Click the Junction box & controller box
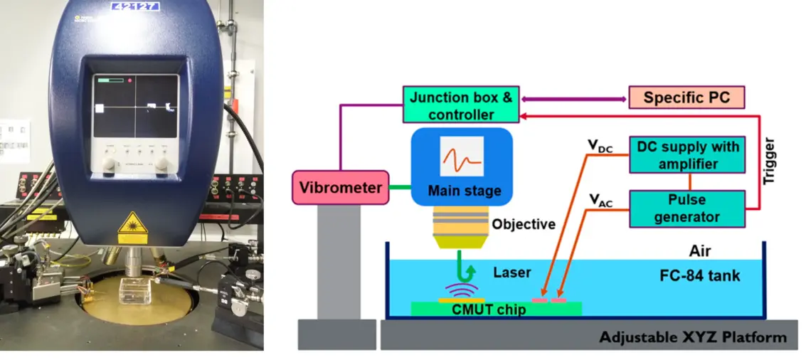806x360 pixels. point(461,105)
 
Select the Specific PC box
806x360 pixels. point(686,97)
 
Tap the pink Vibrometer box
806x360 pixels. point(339,188)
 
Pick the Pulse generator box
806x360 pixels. point(686,208)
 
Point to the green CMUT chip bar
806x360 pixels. point(497,309)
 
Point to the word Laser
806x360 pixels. point(511,272)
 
